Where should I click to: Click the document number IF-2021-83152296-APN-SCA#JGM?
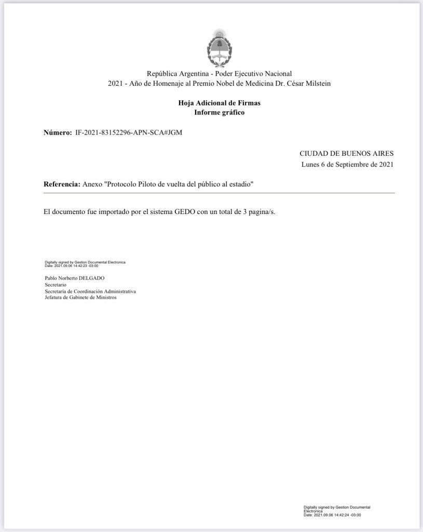[x=129, y=132]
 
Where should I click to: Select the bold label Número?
[x=58, y=132]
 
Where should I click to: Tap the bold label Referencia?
[x=62, y=184]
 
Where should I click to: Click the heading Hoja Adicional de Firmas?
[x=219, y=103]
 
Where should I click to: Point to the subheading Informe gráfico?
[x=219, y=112]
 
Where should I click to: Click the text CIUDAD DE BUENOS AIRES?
[x=346, y=153]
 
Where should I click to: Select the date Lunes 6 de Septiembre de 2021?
[x=347, y=165]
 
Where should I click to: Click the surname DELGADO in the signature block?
[x=92, y=278]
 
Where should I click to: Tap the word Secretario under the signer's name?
[x=56, y=285]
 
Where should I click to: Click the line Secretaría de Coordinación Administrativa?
[x=90, y=291]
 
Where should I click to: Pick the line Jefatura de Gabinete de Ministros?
[x=80, y=298]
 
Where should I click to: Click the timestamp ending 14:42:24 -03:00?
[x=332, y=515]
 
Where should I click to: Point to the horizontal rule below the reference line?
[x=219, y=193]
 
